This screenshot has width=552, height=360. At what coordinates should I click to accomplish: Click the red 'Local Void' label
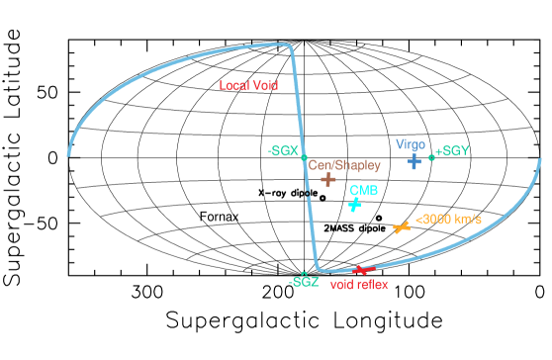pyautogui.click(x=248, y=86)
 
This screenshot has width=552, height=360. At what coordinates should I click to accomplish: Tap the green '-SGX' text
pyautogui.click(x=282, y=150)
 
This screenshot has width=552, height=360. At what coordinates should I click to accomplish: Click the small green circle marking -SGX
pyautogui.click(x=304, y=157)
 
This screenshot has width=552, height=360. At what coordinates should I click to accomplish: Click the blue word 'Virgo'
pyautogui.click(x=411, y=144)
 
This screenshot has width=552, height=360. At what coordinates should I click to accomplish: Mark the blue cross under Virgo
pyautogui.click(x=414, y=160)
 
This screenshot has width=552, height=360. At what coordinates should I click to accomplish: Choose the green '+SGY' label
pyautogui.click(x=452, y=151)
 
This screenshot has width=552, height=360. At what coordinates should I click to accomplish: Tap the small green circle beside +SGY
pyautogui.click(x=431, y=155)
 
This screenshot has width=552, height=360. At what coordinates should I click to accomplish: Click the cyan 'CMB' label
pyautogui.click(x=364, y=190)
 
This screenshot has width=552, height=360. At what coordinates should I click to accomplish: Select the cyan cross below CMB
pyautogui.click(x=354, y=205)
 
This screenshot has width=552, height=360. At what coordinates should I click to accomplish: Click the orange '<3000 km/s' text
pyautogui.click(x=448, y=219)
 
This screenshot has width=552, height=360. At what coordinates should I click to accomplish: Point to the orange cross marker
pyautogui.click(x=401, y=227)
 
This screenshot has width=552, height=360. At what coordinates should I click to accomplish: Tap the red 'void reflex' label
pyautogui.click(x=358, y=284)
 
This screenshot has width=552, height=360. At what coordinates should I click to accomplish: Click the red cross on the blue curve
pyautogui.click(x=362, y=269)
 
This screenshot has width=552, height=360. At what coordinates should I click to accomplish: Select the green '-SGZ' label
pyautogui.click(x=304, y=282)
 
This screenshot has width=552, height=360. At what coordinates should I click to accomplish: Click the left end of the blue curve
pyautogui.click(x=68, y=154)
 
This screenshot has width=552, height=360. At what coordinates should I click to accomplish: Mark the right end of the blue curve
pyautogui.click(x=539, y=159)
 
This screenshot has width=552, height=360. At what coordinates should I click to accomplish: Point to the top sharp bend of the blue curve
pyautogui.click(x=290, y=45)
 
